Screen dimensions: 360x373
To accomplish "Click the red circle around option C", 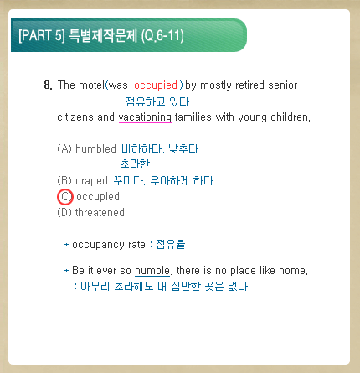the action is (x=65, y=189).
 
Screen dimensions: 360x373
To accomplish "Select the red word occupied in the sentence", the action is (x=156, y=85).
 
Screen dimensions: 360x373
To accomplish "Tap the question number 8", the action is (x=48, y=85).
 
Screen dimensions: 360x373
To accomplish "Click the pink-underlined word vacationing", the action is (x=145, y=117).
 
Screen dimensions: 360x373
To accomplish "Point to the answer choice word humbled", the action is (x=95, y=148).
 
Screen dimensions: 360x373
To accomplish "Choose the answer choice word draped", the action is (x=91, y=181).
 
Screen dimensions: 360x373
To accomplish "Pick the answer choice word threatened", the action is (x=100, y=213).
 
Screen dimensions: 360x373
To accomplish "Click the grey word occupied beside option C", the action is (x=98, y=197).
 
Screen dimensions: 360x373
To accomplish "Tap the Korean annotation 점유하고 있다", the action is (x=157, y=101).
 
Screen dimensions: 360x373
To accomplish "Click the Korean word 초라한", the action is (x=135, y=163).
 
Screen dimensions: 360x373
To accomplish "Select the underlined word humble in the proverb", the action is (x=152, y=271).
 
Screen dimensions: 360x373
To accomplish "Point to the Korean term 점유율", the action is (x=171, y=244).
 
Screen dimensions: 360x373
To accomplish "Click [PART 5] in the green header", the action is (x=42, y=35).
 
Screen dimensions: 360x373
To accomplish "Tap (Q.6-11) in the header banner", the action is (x=162, y=36).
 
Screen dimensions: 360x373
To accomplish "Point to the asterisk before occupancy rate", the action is (x=66, y=245).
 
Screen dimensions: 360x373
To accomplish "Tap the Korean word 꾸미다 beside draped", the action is (x=128, y=181).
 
